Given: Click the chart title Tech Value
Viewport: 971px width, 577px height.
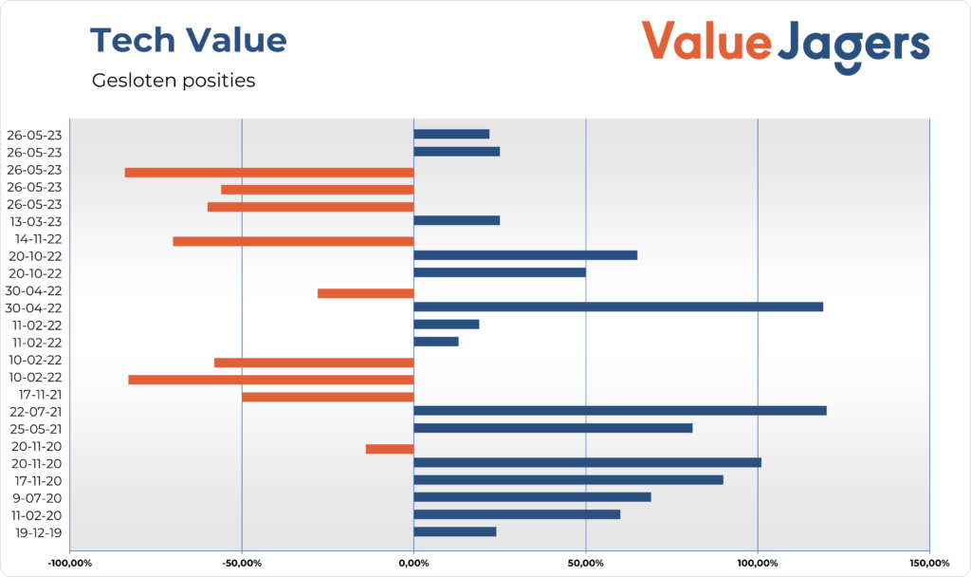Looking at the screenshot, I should (188, 41).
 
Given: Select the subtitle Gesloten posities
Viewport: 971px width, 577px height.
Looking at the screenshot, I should (174, 81).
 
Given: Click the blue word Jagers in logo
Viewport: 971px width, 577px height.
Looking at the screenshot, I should (853, 45).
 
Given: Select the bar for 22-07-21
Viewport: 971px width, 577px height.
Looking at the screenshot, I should (619, 411).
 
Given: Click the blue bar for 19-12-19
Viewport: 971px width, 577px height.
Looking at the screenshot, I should (454, 531).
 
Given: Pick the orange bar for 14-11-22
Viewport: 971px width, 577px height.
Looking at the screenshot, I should (293, 241).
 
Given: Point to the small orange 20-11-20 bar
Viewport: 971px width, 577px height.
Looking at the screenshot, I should (390, 449).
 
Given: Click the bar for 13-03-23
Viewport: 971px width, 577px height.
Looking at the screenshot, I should (456, 220).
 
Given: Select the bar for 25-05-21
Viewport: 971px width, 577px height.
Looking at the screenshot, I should (553, 428).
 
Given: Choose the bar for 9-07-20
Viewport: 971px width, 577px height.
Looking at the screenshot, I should (532, 497).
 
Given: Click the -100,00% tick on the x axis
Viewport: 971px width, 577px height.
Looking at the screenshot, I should (70, 565).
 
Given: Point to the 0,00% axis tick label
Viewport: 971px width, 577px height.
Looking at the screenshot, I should (413, 565).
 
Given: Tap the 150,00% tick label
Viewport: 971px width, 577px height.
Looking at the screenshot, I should (928, 565).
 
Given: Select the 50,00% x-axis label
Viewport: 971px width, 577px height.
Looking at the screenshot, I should (585, 565).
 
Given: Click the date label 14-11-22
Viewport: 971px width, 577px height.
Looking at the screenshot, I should (33, 239).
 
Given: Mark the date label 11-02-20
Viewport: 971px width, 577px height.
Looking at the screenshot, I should (33, 514).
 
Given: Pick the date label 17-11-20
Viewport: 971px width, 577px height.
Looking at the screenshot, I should (33, 480).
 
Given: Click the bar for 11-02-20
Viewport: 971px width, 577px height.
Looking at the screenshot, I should (517, 514).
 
